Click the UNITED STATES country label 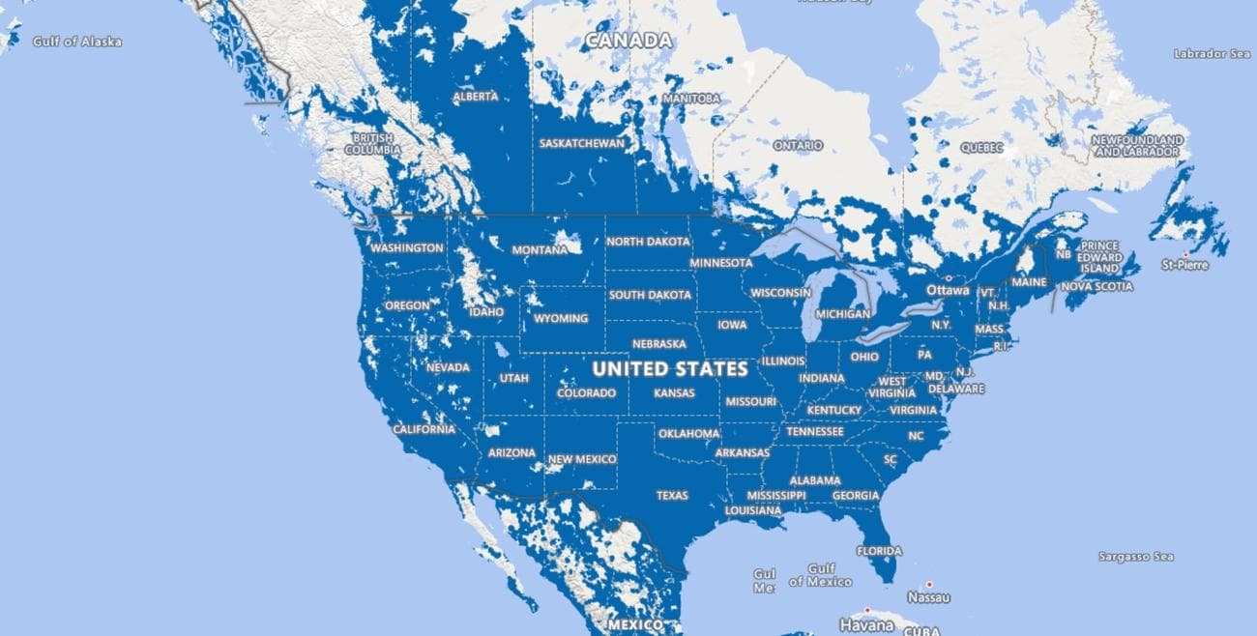point(669,369)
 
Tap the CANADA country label point(628,41)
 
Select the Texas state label point(672,495)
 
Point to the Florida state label point(879,551)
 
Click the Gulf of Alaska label point(77,42)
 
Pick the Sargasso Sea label point(1135,557)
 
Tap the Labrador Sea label point(1212,54)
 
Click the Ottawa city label point(947,290)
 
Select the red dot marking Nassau point(929,584)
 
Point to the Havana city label point(866,623)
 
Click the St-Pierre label point(1184,264)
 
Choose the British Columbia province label point(372,144)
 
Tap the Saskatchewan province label point(582,143)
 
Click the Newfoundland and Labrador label point(1137,146)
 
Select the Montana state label point(540,249)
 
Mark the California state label point(424,429)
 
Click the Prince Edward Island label point(1100,257)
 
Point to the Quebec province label point(981,148)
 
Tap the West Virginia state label point(892,388)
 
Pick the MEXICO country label point(635,625)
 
